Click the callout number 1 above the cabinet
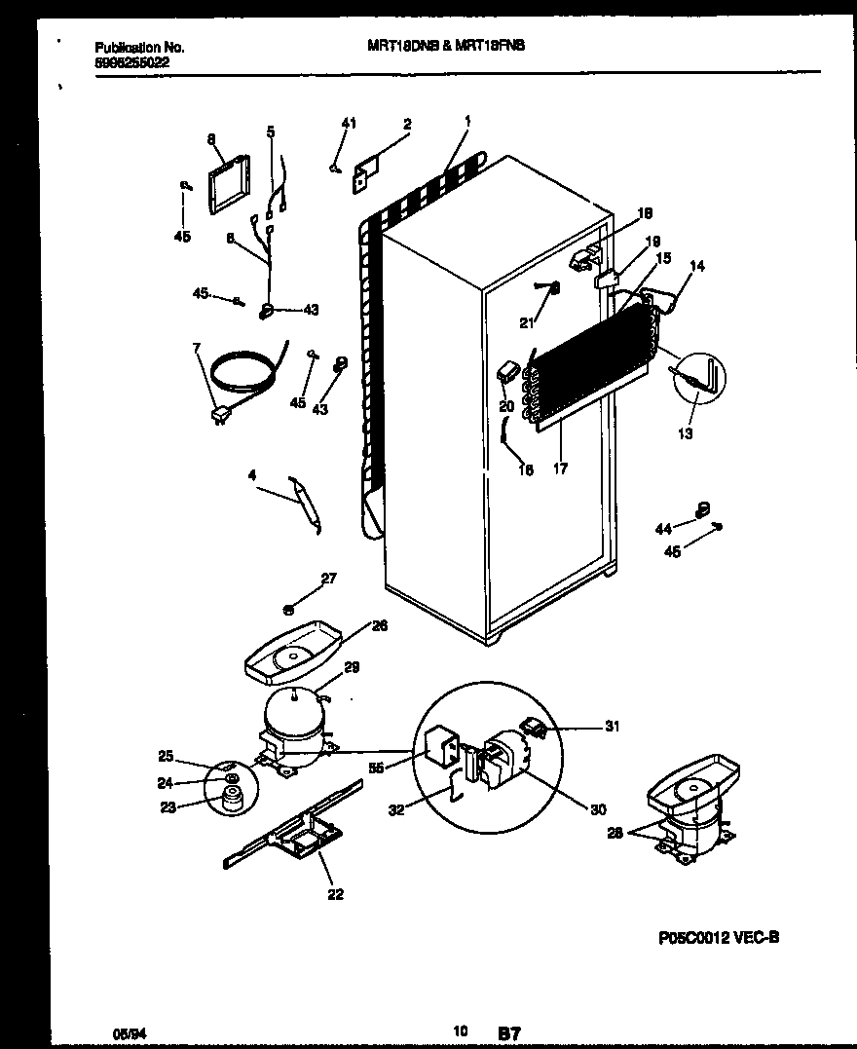(x=467, y=122)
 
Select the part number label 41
(x=349, y=123)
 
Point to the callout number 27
(x=328, y=579)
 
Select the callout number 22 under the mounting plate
(x=336, y=895)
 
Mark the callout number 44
(x=663, y=528)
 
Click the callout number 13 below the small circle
(x=686, y=434)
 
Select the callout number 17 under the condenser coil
(x=560, y=469)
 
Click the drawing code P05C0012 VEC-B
(x=717, y=938)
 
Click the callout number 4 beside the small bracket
(x=251, y=476)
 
